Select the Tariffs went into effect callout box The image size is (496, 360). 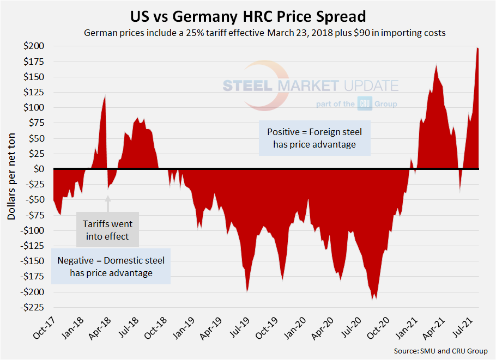107,229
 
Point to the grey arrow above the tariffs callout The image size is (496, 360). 107,204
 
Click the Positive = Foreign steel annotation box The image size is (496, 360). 314,138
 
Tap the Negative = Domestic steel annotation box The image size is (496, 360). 111,266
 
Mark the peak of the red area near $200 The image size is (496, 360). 477,48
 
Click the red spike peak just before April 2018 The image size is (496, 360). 105,96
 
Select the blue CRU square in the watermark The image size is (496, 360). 364,103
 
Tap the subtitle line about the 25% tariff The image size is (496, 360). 264,33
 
